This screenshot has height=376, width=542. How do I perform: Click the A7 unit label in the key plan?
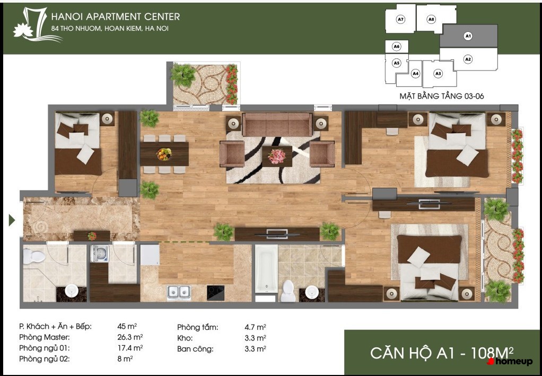(400, 20)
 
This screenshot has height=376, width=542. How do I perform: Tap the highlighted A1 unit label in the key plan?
(468, 36)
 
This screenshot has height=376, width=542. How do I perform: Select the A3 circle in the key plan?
(438, 73)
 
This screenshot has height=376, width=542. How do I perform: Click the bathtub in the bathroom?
(266, 269)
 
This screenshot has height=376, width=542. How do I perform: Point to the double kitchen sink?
(179, 292)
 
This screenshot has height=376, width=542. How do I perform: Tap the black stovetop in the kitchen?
(216, 292)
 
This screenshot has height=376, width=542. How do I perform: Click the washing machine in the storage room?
(100, 253)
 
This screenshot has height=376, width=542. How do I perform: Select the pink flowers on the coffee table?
(276, 156)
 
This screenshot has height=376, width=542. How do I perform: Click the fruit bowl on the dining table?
(164, 154)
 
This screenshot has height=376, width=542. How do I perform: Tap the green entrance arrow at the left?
(12, 220)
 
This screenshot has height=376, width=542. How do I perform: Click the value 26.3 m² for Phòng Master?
(130, 337)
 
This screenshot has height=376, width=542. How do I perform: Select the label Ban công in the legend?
(195, 349)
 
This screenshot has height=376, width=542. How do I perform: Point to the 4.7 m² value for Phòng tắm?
(255, 327)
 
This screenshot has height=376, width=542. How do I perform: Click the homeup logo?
(509, 362)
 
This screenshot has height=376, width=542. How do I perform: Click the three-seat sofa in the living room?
(277, 125)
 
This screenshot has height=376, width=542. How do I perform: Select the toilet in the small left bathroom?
(34, 257)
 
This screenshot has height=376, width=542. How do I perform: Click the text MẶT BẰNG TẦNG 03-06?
(442, 96)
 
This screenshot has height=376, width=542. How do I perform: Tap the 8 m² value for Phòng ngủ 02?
(125, 359)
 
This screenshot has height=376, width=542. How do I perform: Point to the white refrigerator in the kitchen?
(150, 255)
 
